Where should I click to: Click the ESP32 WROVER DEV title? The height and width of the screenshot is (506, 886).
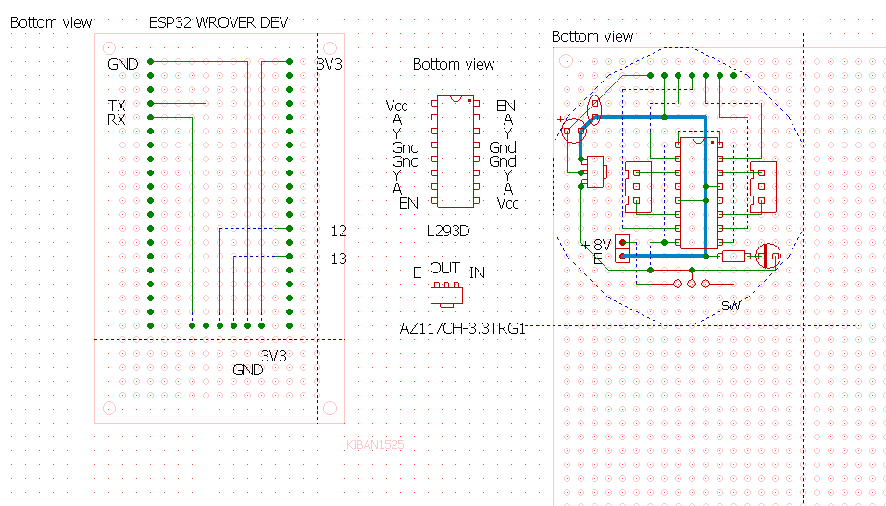coord(218,22)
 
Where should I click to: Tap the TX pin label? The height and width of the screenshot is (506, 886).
coord(117,106)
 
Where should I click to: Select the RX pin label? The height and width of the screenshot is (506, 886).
coord(117,120)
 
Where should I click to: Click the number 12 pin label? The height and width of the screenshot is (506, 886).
coord(339,232)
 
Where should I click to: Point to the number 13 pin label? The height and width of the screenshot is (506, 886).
coord(339,259)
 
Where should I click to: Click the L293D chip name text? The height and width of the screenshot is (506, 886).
coord(448,232)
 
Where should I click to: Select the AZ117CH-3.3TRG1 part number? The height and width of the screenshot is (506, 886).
coord(463,328)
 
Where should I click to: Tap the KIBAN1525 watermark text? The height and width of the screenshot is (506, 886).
coord(375,445)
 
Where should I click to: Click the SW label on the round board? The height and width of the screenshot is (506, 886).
coord(730,306)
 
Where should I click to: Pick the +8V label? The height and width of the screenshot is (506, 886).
coord(597,245)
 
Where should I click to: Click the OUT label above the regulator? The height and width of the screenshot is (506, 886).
coord(444,268)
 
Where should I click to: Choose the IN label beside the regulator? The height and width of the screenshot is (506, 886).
coord(477,273)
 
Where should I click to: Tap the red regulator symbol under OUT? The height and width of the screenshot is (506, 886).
coord(446,295)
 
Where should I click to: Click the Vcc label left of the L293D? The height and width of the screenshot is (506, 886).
coord(396,106)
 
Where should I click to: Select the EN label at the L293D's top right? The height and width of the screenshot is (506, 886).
coord(505,106)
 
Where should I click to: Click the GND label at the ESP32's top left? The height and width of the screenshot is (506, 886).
coord(122,65)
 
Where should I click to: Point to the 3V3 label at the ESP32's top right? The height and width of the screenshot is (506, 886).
coord(329,65)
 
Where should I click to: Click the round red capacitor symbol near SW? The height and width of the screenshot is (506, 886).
coord(767,256)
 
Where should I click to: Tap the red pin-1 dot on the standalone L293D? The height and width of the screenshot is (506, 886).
coord(469,101)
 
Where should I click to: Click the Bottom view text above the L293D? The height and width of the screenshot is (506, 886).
coord(454,65)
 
